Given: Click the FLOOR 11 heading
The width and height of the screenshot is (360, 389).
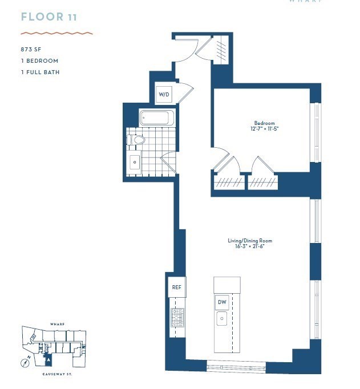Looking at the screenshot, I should (49, 17).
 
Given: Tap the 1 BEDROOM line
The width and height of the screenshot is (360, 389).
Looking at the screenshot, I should (39, 61).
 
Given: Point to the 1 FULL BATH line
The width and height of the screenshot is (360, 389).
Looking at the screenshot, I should (40, 72).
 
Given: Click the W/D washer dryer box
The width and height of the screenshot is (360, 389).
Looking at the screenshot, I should (163, 94).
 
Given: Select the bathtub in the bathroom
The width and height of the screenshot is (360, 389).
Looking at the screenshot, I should (157, 118).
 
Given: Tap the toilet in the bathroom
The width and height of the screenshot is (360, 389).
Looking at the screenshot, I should (137, 140).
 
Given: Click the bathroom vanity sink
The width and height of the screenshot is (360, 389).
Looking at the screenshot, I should (135, 162).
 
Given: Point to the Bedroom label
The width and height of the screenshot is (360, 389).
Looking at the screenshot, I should (264, 123).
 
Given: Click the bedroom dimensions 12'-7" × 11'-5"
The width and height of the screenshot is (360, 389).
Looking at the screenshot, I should (264, 129).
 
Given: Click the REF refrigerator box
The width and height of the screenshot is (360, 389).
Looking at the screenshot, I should (176, 287).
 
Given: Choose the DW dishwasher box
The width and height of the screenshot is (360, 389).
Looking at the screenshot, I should (222, 302).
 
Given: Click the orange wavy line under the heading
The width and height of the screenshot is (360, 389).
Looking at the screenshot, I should (56, 33).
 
